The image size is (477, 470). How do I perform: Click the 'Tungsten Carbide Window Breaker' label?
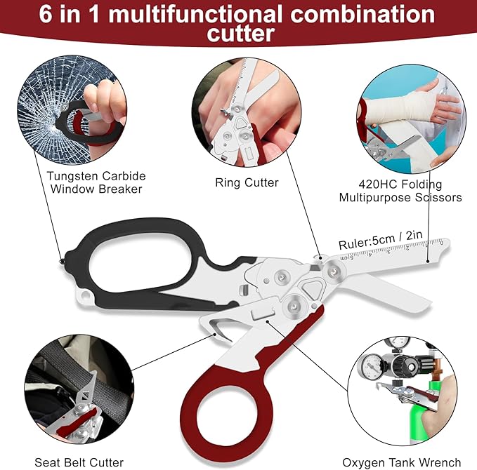(x=96, y=182)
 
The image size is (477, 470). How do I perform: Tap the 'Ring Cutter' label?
(x=247, y=182)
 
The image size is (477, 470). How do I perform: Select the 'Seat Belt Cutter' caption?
(x=79, y=462)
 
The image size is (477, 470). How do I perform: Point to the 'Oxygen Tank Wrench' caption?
(x=402, y=463)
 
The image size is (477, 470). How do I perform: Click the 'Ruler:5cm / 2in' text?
(x=381, y=239)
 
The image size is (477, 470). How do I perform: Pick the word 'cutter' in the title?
(x=241, y=34)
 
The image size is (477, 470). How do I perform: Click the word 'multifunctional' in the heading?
(x=195, y=14)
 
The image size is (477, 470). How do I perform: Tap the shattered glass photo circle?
(x=72, y=110)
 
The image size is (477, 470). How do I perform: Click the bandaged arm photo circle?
(x=411, y=119)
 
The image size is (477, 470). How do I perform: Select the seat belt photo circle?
(x=79, y=389)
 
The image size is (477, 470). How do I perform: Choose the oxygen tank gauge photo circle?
(x=402, y=391)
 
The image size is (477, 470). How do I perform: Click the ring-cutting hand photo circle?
(x=247, y=112)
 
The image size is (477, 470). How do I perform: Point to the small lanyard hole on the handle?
(x=84, y=295)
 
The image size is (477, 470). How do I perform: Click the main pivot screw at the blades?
(x=334, y=270)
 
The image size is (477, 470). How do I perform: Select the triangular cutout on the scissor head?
(x=311, y=289)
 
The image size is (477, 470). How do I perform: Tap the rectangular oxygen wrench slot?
(x=263, y=314)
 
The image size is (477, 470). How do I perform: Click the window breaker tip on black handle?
(x=62, y=261)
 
